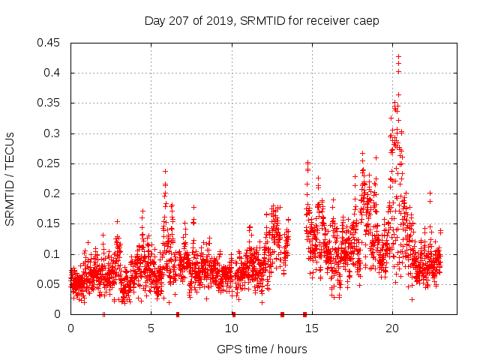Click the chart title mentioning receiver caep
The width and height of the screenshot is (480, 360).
[x=262, y=20]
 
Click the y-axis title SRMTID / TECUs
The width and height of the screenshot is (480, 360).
[x=10, y=178]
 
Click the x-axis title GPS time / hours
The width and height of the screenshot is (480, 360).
[x=262, y=349]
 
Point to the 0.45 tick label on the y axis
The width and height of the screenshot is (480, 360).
[x=50, y=43]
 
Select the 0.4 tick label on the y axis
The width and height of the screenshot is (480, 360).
[x=53, y=73]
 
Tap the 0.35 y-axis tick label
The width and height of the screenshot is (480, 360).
[x=50, y=103]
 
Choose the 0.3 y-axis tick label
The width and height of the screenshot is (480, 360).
[x=53, y=133]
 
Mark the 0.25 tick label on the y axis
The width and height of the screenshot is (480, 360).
[x=50, y=163]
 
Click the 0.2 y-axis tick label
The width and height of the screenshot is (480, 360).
[x=53, y=193]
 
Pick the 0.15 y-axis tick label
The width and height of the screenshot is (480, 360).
[x=50, y=224]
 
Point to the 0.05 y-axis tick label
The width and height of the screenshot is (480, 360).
[x=50, y=284]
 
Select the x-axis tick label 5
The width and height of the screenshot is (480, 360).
[x=151, y=328]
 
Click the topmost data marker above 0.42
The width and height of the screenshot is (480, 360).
[x=398, y=56]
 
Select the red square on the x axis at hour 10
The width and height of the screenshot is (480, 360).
[x=233, y=314]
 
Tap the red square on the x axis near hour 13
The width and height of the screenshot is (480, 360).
[x=282, y=314]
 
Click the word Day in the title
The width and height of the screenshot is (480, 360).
[x=154, y=20]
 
